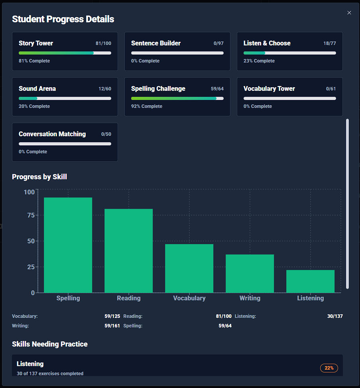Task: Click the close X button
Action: [349, 13]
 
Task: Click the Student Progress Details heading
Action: [63, 19]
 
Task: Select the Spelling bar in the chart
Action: [68, 245]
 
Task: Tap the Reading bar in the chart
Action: [128, 251]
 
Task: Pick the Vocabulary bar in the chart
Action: [189, 268]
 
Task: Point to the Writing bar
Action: [250, 274]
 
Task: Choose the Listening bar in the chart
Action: [310, 281]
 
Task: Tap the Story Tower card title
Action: [36, 43]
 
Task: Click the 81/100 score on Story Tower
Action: [103, 43]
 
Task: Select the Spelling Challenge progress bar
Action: [177, 98]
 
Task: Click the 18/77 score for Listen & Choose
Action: [329, 43]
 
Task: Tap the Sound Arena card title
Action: [37, 88]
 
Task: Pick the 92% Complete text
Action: [147, 106]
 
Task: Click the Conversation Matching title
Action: [52, 134]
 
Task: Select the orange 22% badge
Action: [329, 368]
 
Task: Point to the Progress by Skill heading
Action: [39, 177]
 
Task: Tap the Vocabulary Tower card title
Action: [269, 88]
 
